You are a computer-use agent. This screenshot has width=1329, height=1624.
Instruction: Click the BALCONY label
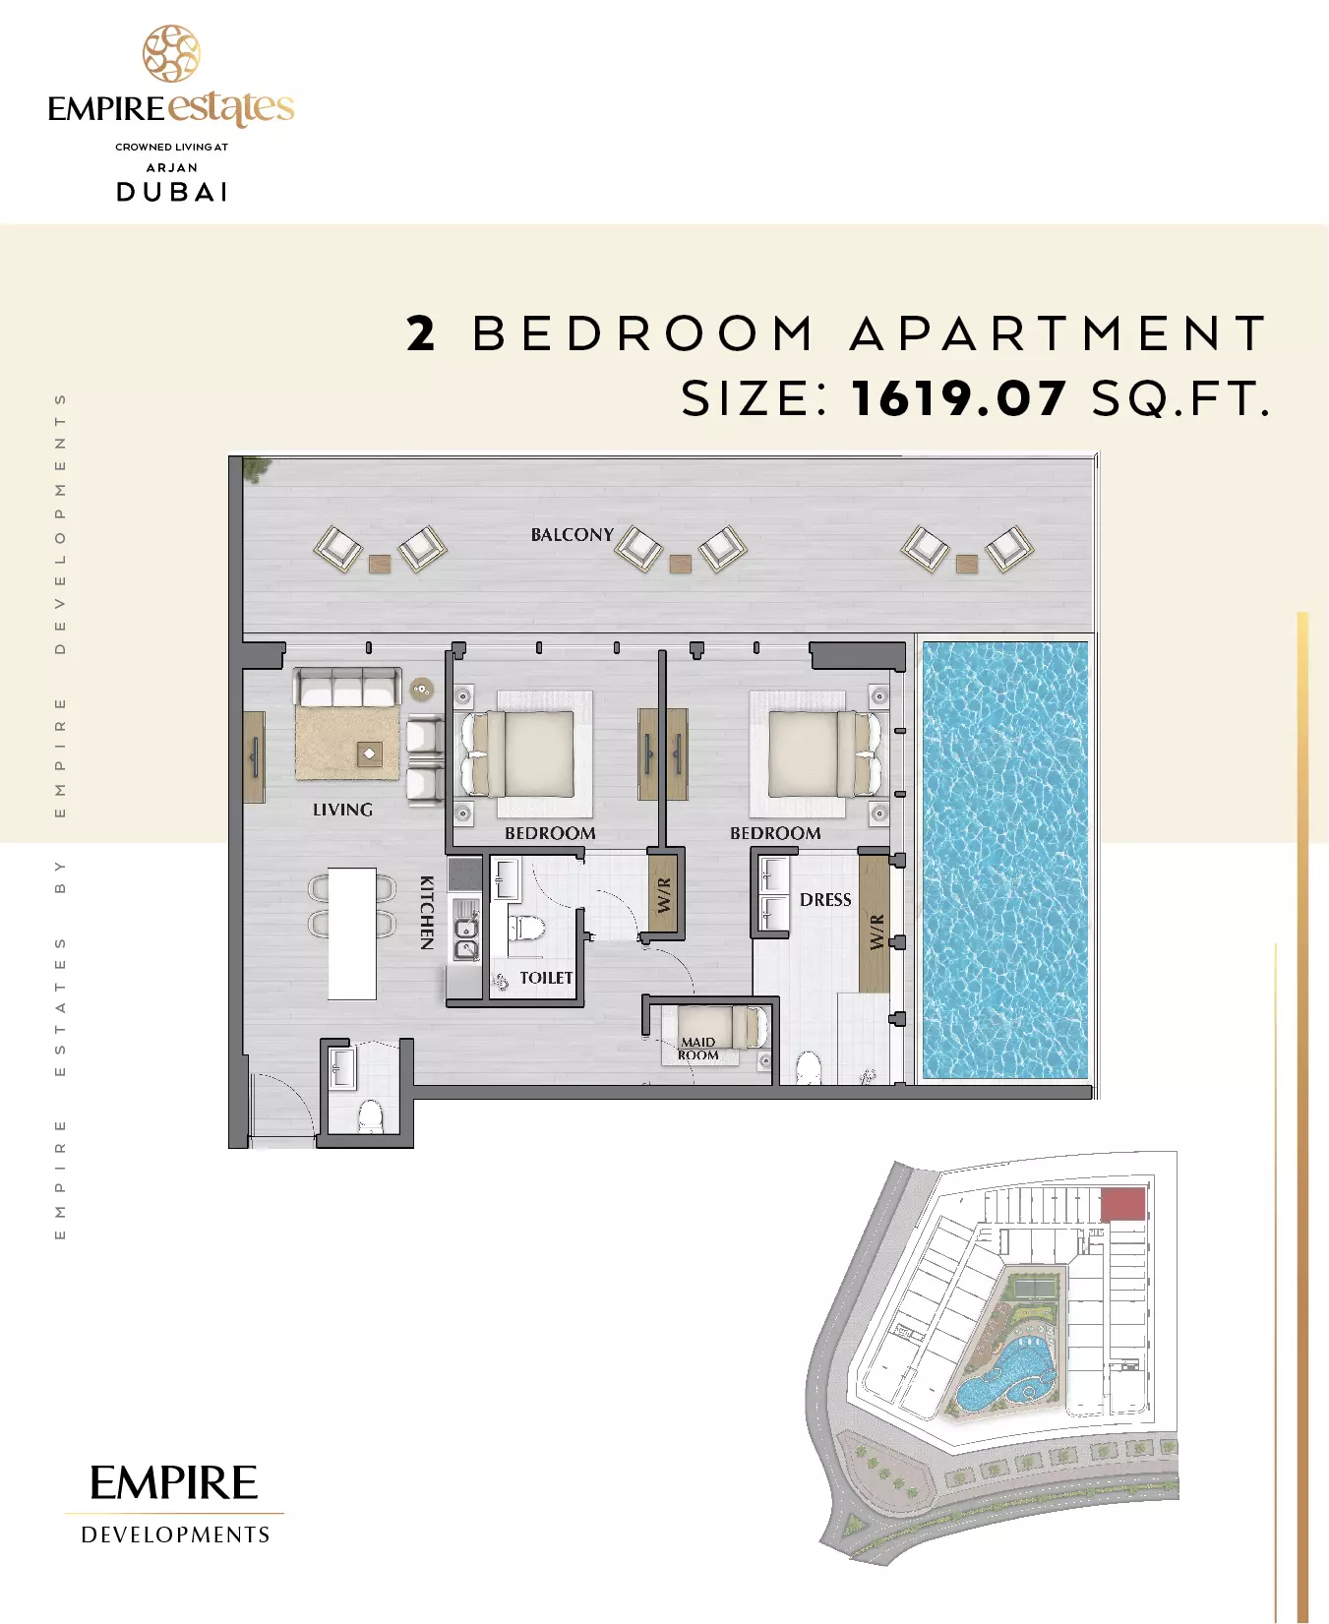point(572,535)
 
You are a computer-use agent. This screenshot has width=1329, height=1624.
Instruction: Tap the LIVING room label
point(342,810)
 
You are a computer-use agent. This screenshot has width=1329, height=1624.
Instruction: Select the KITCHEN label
point(427,912)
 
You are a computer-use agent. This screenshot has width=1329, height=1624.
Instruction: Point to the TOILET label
point(546,978)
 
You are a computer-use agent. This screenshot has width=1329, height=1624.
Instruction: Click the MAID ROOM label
point(698,1049)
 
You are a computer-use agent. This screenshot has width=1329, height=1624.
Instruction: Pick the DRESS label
point(825,900)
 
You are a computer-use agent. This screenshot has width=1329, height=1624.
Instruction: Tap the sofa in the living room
point(348,687)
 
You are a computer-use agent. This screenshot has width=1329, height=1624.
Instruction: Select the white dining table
point(352,933)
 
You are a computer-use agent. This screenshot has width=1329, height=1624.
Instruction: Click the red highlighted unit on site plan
point(1123,1204)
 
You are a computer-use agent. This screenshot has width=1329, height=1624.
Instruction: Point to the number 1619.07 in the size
point(959,398)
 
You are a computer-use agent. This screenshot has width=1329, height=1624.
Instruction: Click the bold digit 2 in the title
point(421,333)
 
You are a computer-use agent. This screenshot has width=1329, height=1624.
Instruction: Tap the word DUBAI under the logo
point(173,192)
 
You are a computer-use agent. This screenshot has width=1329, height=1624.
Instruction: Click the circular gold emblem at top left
point(171,54)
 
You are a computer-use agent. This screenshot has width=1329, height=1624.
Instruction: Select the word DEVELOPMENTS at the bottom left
point(175,1534)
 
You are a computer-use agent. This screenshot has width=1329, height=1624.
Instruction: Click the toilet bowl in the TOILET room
point(526,928)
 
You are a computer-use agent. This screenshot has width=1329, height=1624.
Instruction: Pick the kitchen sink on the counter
point(465,938)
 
